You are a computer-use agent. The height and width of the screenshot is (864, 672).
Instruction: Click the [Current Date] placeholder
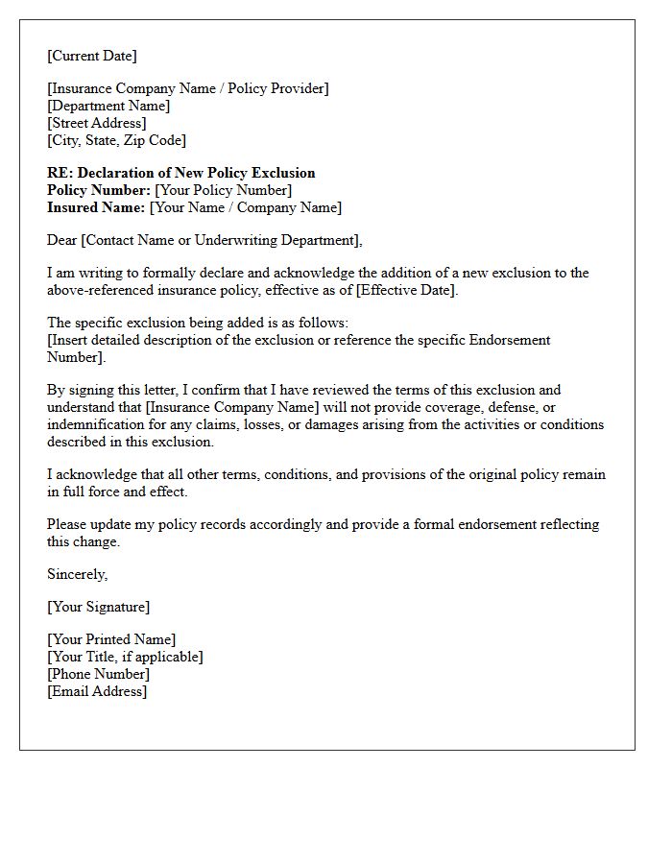pyautogui.click(x=92, y=56)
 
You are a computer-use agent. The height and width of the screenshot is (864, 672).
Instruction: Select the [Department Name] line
pyautogui.click(x=108, y=106)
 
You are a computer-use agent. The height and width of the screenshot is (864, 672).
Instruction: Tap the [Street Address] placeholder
pyautogui.click(x=97, y=123)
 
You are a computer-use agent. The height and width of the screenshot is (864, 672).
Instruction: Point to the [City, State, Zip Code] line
pyautogui.click(x=116, y=140)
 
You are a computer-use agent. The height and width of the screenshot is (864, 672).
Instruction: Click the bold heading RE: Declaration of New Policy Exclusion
pyautogui.click(x=181, y=173)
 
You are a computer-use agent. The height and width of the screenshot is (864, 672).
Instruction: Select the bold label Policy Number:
pyautogui.click(x=99, y=190)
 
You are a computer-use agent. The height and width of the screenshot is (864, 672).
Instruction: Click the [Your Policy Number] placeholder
pyautogui.click(x=223, y=190)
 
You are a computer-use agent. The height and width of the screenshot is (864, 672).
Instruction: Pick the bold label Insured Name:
pyautogui.click(x=96, y=207)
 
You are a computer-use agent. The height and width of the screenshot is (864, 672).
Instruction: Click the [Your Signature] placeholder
pyautogui.click(x=98, y=607)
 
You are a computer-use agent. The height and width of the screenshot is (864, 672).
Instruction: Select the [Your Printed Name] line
pyautogui.click(x=111, y=639)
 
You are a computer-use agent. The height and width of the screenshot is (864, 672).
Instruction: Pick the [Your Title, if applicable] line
pyautogui.click(x=125, y=657)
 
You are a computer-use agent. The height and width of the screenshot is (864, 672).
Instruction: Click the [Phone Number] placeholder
pyautogui.click(x=98, y=674)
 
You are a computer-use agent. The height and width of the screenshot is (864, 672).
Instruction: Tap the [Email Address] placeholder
pyautogui.click(x=97, y=691)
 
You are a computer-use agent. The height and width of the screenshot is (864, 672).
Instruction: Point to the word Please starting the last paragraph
pyautogui.click(x=66, y=524)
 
